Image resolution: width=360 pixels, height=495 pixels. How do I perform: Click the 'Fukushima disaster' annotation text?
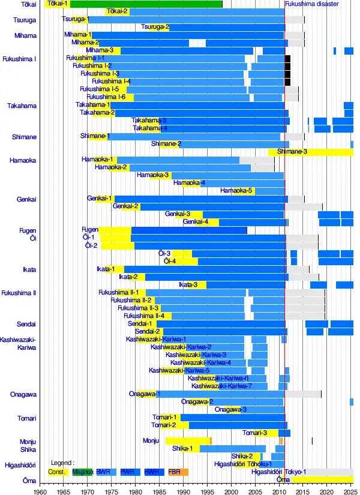point(312,4)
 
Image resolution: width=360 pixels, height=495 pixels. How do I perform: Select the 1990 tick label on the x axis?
point(184,491)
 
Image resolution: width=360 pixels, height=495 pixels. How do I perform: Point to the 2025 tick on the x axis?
point(351,491)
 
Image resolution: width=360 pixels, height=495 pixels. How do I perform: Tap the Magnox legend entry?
point(83,472)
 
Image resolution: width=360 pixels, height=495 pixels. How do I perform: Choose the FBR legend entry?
point(175,472)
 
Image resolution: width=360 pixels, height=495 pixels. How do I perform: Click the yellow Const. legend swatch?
point(57,472)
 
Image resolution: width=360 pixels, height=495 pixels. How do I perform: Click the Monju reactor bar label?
point(151,440)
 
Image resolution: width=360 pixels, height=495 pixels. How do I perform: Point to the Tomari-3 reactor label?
point(255,433)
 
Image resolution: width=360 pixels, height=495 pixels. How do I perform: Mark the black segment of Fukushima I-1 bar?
point(287,58)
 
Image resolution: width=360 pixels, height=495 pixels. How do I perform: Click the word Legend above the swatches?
point(62,463)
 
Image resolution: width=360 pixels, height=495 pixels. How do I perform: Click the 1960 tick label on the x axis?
point(40,491)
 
